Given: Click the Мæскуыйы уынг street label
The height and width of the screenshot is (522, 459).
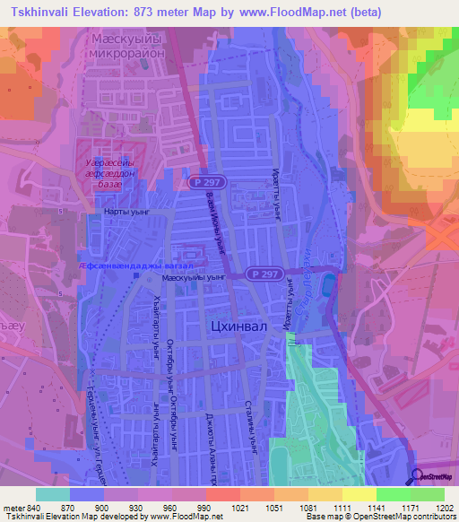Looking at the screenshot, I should tap(190, 278).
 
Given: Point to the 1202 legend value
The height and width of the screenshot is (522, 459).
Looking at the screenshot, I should tap(444, 509).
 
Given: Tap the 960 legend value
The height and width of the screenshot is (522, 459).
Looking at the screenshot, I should tap(172, 509).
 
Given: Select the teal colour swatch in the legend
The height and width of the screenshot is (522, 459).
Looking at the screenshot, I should tap(53, 494).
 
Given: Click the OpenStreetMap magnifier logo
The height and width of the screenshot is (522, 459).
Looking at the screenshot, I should tap(418, 475).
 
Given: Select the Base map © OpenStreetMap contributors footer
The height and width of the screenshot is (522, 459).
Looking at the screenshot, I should tap(378, 517).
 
